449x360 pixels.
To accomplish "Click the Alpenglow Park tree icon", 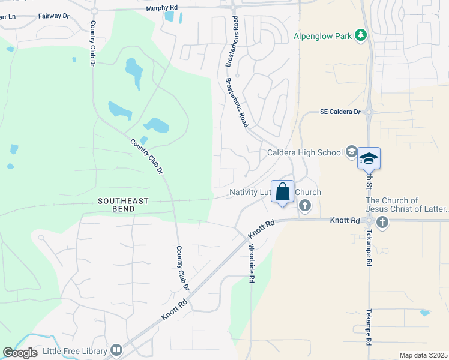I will coord(361,35).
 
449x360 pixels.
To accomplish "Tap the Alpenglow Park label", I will coord(322,36).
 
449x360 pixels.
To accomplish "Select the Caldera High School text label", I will coord(305,152).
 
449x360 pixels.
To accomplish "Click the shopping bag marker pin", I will coord(283,193).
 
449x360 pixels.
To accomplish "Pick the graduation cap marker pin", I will coord(369,159).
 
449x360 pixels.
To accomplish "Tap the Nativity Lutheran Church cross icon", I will coord(305,206).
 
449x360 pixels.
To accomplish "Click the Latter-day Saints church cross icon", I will coord(382,223).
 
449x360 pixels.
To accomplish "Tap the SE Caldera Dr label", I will coord(340,112).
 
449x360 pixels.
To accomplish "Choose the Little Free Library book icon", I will coord(116,350).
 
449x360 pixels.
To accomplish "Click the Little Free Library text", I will coord(75,350).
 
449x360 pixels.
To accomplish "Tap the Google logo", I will coord(20,352).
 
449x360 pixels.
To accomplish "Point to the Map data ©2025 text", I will coord(423,355).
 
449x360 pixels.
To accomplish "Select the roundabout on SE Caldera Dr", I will coord(369,112).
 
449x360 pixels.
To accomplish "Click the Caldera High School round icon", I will coord(352,152).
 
